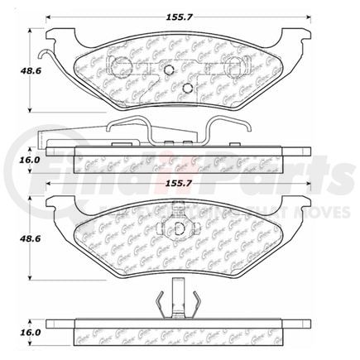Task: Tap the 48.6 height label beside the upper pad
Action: tap(14, 72)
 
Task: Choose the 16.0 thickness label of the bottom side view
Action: tap(14, 330)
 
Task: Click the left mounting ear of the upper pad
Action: tap(55, 36)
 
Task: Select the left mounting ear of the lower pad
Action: tap(55, 207)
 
